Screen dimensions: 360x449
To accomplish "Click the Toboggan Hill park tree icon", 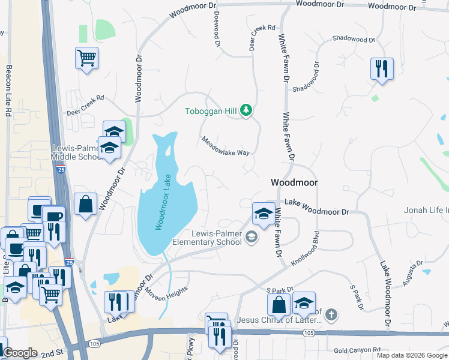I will [245, 110].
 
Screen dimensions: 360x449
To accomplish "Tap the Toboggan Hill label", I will [211, 111].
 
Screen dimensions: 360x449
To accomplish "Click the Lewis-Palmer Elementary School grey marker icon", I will [252, 238].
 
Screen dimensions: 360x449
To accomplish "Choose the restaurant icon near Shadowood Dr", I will [382, 69].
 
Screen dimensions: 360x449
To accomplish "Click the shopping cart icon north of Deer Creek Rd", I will [87, 59].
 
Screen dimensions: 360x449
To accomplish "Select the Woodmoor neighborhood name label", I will [294, 182].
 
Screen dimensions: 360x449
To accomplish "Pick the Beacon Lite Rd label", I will [9, 91].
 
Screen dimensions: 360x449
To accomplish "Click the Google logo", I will [20, 353].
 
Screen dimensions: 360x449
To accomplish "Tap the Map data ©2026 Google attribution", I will [412, 355].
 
